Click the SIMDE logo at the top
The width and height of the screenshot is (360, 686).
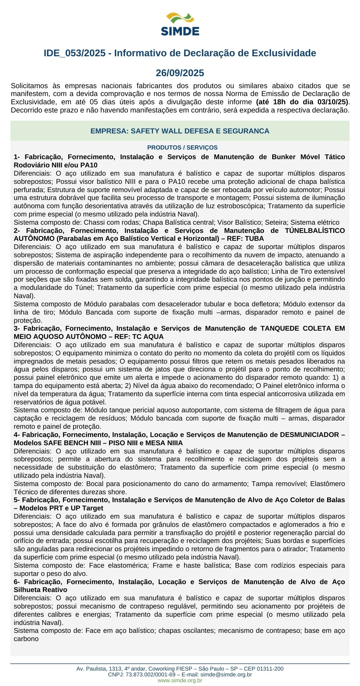[180, 24]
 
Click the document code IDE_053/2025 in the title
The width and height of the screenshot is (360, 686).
[74, 53]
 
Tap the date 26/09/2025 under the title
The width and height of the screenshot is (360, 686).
[180, 73]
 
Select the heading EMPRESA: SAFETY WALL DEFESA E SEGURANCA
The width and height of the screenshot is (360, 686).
[180, 131]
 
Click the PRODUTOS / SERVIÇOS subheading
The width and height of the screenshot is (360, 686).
[182, 148]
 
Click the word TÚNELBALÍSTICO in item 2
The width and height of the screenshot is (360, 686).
[315, 230]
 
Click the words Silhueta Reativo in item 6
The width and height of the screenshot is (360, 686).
[40, 590]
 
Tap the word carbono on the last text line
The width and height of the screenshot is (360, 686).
[26, 639]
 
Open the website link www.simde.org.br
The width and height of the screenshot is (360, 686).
[180, 681]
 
